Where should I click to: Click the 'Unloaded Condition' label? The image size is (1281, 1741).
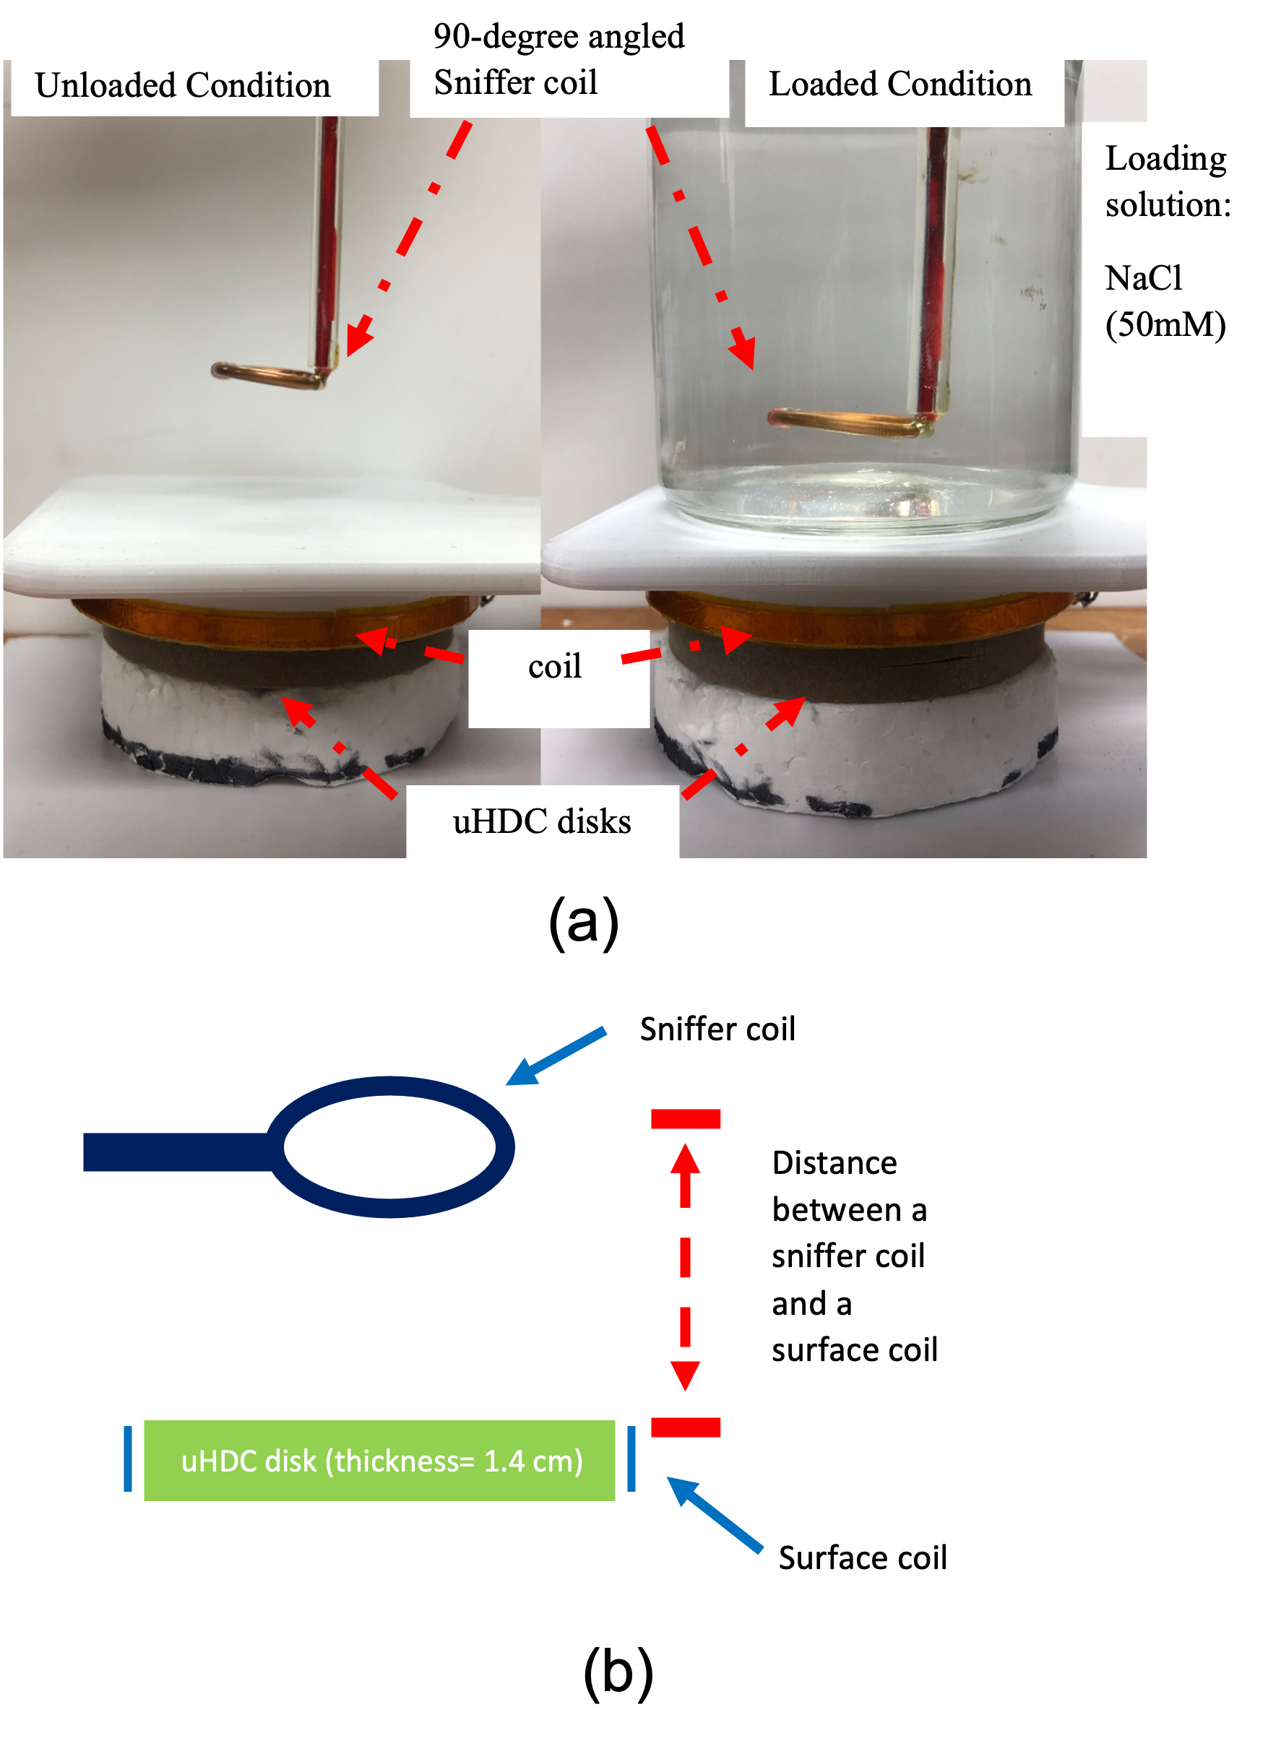coord(183,85)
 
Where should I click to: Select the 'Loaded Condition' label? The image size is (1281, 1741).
coord(900,84)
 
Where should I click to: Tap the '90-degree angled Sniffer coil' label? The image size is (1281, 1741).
coord(558,59)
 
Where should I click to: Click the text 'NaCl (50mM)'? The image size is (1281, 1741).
coord(1165,301)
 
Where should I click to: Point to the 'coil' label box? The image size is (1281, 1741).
coord(555,667)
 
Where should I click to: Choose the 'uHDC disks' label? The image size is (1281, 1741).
coord(542,821)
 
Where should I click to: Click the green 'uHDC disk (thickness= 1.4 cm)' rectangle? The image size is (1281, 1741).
coord(380,1461)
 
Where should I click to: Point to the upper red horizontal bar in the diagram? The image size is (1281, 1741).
coord(686,1118)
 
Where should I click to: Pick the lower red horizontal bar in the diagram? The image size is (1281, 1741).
coord(686,1427)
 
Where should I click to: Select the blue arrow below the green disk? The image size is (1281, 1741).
coord(715,1515)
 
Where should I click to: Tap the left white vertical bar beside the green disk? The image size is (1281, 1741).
coord(138,1472)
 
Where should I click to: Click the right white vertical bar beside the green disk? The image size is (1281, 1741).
coord(621,1472)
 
